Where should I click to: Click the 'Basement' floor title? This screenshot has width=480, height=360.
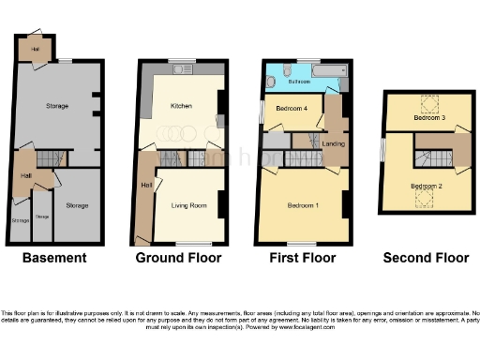tap(54, 258)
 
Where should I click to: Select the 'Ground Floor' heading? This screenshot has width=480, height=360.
tap(178, 258)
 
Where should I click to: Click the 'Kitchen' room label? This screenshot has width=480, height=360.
tap(181, 106)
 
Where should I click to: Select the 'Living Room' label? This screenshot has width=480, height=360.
tap(187, 203)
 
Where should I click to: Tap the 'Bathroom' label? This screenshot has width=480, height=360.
tap(299, 82)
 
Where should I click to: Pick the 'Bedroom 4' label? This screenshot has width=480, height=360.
tap(292, 110)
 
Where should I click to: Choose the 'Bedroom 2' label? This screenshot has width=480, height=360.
tap(426, 186)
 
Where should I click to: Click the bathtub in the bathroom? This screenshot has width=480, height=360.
tap(329, 71)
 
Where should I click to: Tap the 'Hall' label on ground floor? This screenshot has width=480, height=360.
tap(145, 186)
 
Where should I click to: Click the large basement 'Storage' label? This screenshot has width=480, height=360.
tap(57, 106)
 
